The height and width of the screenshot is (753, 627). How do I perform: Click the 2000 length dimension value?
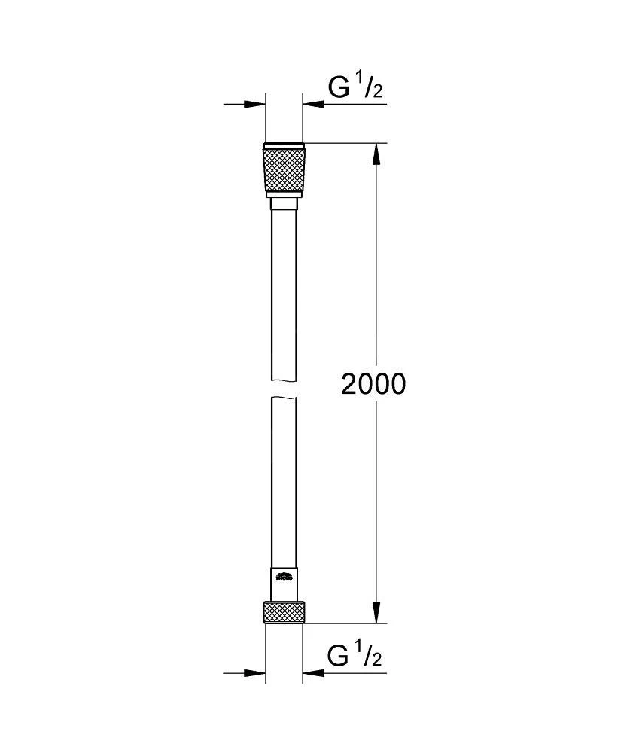click(373, 384)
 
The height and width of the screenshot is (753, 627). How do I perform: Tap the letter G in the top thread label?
click(339, 88)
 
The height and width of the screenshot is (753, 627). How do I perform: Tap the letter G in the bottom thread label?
click(339, 657)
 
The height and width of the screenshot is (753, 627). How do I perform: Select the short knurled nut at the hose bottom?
click(284, 611)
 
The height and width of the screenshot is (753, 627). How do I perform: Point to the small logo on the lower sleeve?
click(284, 578)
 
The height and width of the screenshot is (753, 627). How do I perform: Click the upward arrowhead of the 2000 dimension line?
click(376, 154)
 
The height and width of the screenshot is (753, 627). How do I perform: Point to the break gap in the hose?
click(284, 388)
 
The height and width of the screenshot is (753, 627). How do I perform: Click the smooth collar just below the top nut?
click(284, 203)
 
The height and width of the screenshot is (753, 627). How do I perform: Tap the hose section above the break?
click(284, 294)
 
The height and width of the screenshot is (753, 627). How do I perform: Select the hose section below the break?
click(284, 482)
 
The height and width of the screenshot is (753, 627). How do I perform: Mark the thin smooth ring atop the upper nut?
click(284, 145)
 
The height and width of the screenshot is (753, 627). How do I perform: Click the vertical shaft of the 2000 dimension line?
click(376, 301)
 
